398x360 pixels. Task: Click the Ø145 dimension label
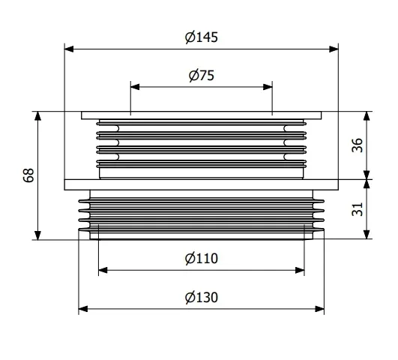(202, 37)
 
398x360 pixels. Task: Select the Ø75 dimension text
(202, 76)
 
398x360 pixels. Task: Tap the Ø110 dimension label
(202, 259)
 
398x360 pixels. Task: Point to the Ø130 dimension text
(202, 297)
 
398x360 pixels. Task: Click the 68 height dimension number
(28, 175)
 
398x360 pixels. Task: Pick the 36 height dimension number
(357, 145)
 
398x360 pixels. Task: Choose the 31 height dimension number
(357, 209)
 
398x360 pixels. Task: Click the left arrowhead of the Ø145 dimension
(69, 49)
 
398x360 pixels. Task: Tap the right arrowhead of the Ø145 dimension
(334, 49)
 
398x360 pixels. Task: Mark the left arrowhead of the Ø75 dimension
(135, 87)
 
